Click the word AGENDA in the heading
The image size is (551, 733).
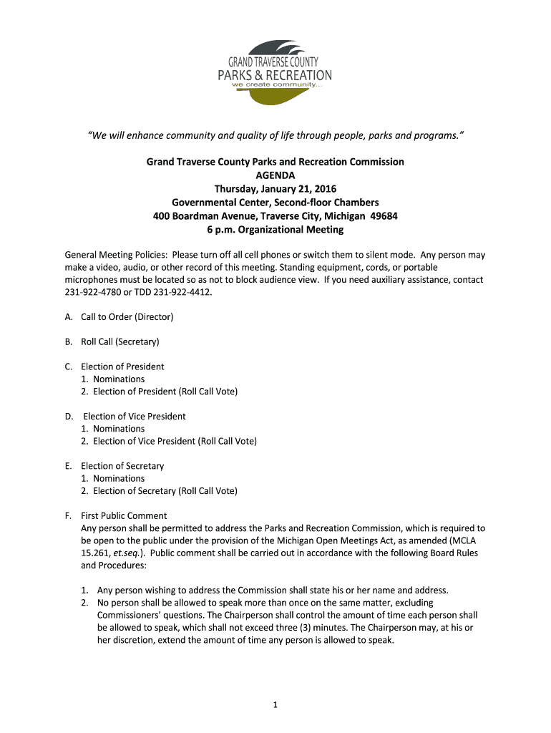click(x=275, y=175)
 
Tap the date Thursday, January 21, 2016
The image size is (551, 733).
click(x=275, y=189)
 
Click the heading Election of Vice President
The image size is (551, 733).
click(x=135, y=416)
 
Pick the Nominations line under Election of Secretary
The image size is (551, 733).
click(x=119, y=478)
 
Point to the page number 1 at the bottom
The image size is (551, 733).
click(x=275, y=705)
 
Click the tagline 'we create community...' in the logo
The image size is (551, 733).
click(x=278, y=85)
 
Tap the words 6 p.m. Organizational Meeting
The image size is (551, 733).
click(x=275, y=230)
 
